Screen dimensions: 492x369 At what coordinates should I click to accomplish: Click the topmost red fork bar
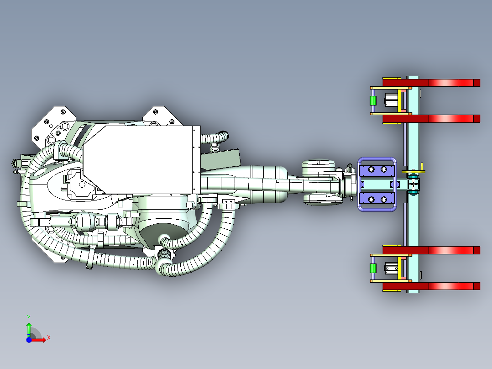(431, 83)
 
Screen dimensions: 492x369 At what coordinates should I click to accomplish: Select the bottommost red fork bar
(431, 286)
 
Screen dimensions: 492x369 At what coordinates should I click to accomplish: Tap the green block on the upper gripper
(373, 101)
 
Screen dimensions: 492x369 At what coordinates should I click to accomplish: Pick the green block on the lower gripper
(373, 269)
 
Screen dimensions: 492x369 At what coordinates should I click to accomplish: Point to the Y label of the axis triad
(29, 317)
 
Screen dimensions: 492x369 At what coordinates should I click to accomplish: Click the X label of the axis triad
(49, 338)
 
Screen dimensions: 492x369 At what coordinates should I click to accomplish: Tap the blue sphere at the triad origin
(29, 340)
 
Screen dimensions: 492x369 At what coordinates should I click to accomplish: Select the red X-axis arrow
(38, 340)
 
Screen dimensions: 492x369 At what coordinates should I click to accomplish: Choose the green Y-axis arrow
(29, 330)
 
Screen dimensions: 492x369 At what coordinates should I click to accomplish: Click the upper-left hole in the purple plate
(372, 169)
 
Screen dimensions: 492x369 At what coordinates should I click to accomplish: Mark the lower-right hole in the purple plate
(383, 200)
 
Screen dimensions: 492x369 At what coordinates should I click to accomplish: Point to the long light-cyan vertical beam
(413, 184)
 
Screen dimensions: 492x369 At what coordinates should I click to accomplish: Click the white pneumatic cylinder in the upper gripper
(391, 101)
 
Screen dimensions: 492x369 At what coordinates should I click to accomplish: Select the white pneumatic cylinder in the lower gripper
(391, 269)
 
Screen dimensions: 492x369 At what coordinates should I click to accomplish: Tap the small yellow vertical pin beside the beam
(422, 167)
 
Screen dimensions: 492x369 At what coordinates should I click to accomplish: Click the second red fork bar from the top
(431, 119)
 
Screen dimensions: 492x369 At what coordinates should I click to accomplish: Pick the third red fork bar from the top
(431, 250)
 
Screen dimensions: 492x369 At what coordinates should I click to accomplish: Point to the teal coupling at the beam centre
(413, 184)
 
